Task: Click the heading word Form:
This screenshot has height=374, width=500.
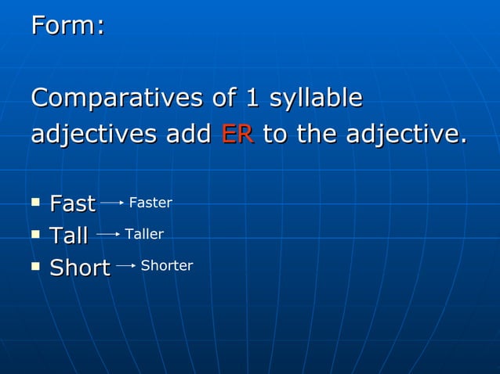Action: tap(67, 26)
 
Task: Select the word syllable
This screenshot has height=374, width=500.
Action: tap(316, 100)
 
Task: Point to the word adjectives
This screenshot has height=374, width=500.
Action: tap(95, 135)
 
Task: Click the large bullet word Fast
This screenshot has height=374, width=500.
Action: tap(72, 204)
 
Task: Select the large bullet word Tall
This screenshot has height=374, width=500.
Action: tap(68, 236)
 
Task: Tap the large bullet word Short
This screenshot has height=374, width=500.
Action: tap(80, 268)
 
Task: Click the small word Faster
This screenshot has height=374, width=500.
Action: tap(150, 203)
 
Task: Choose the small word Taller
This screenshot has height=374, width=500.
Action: tap(144, 234)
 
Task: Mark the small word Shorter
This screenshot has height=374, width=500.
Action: tap(167, 266)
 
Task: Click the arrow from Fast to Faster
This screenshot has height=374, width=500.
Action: tap(112, 203)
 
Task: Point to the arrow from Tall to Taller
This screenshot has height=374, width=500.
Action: tap(107, 234)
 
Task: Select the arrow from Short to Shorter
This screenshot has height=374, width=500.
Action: tap(126, 266)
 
